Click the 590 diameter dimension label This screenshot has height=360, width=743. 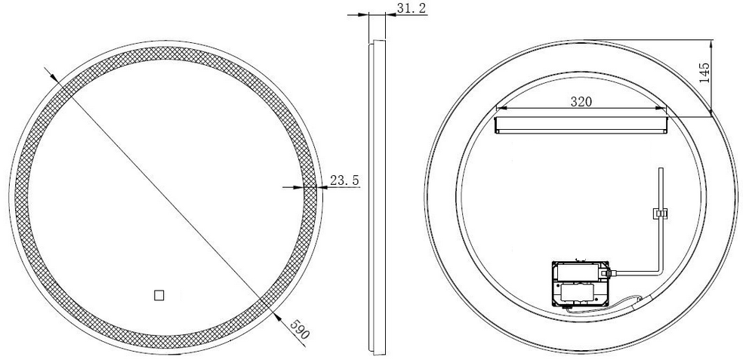tap(300, 330)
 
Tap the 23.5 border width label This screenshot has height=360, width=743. tap(344, 180)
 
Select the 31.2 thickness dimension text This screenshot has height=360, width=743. tap(412, 8)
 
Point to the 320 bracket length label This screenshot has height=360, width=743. tap(581, 101)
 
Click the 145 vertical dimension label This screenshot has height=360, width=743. tap(704, 73)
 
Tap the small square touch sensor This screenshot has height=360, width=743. tap(159, 296)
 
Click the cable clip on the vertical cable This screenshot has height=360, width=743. tap(661, 214)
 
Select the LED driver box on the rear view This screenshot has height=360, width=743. tap(581, 285)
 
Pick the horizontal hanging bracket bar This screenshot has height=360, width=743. tap(581, 125)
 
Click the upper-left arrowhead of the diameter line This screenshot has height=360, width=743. tap(54, 77)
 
